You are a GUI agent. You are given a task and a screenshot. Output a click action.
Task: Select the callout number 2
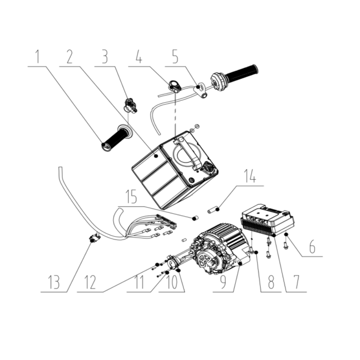click(x=69, y=57)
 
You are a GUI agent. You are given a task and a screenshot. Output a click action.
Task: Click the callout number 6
click(x=312, y=247)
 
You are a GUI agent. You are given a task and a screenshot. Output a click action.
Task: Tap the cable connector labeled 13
click(x=94, y=239)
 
